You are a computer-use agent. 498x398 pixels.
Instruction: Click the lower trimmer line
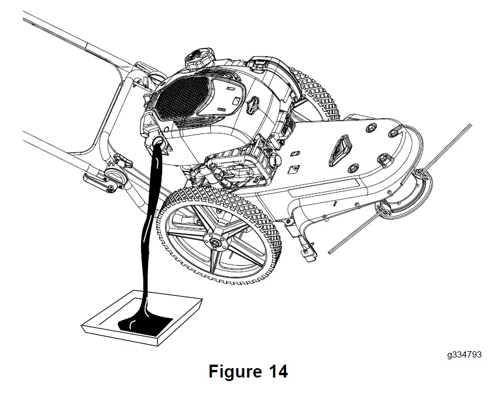click(x=357, y=234)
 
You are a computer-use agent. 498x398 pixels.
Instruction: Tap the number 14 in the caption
click(x=277, y=371)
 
